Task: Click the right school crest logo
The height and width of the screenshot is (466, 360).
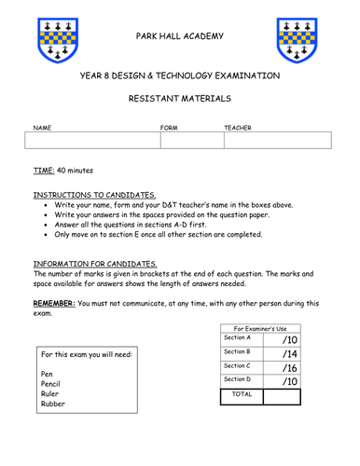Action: pos(299,46)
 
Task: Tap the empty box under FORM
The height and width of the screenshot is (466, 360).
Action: pos(191,140)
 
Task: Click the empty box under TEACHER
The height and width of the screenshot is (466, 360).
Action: pos(277,140)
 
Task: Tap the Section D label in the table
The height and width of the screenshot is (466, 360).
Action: pos(238,380)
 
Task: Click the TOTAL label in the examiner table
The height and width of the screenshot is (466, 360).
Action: pos(241,396)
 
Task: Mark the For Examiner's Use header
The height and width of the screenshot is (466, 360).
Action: pos(260,327)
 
